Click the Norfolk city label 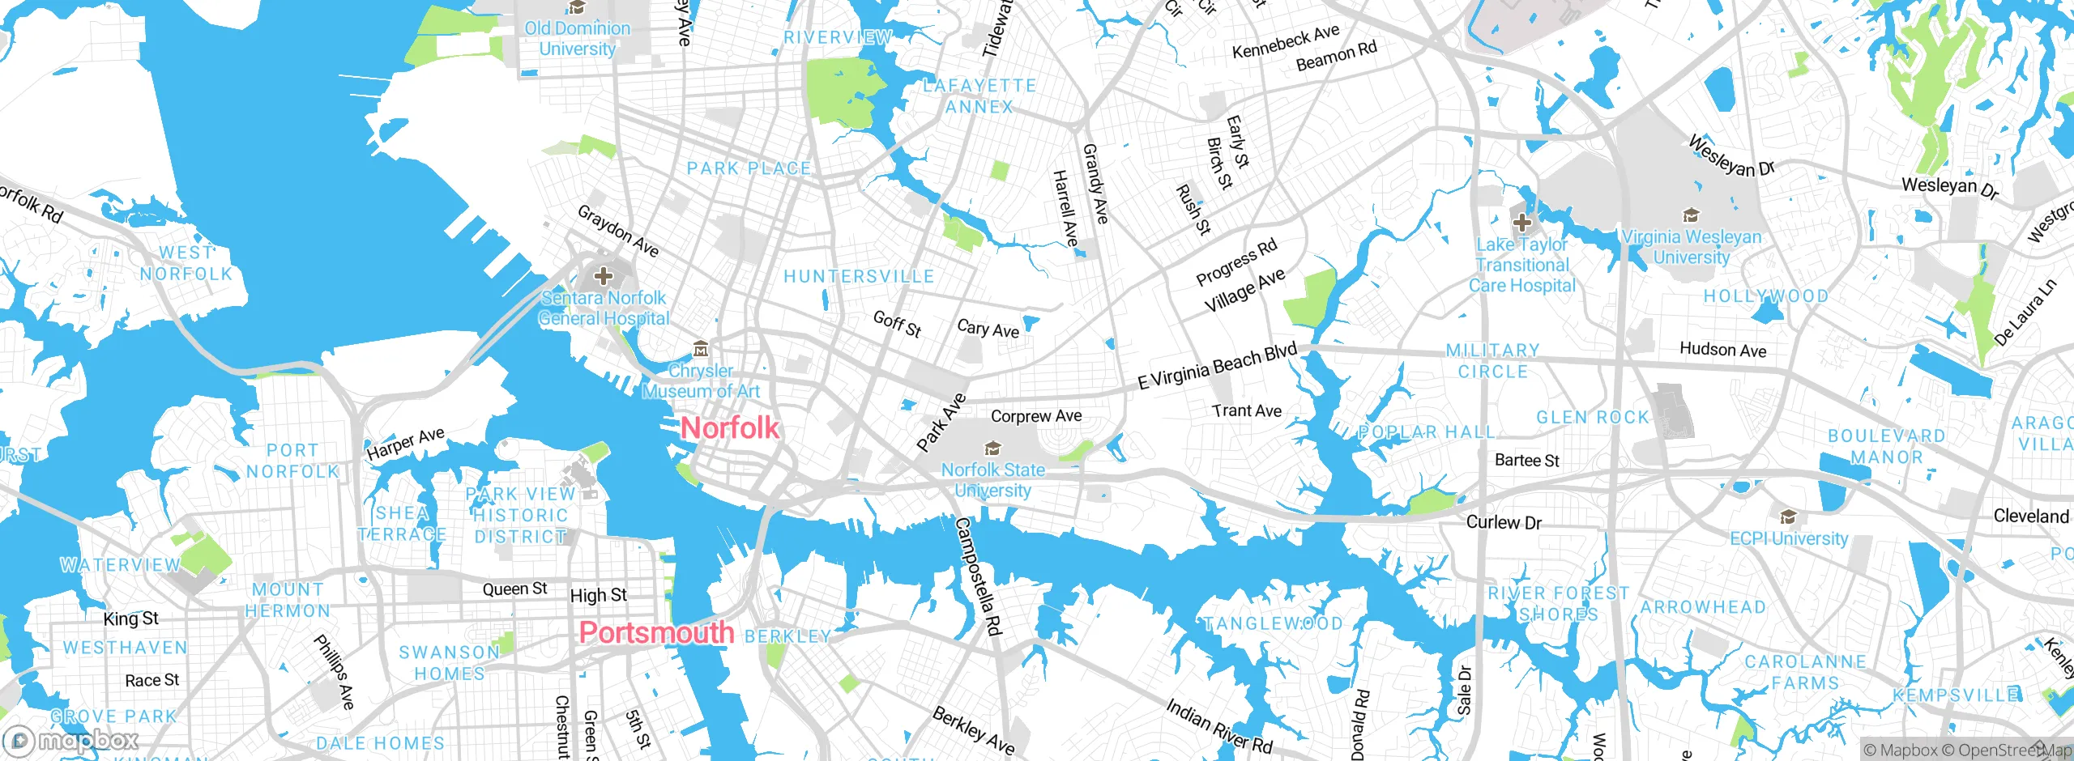point(730,427)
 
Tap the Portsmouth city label point(656,632)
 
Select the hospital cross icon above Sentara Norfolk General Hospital point(604,276)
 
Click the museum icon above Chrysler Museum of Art point(702,349)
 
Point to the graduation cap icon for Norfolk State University point(992,449)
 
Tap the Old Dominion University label point(577,38)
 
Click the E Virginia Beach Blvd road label point(1217,366)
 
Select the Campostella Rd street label point(978,576)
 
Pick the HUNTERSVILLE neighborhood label point(859,277)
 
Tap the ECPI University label point(1789,538)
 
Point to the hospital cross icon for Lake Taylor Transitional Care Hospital point(1521,223)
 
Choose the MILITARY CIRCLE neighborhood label point(1492,361)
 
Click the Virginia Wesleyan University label point(1692,247)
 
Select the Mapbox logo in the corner point(71,740)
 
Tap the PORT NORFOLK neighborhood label point(292,461)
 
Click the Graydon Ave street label point(617,231)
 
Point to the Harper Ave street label point(405,444)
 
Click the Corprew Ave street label point(1036,416)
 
